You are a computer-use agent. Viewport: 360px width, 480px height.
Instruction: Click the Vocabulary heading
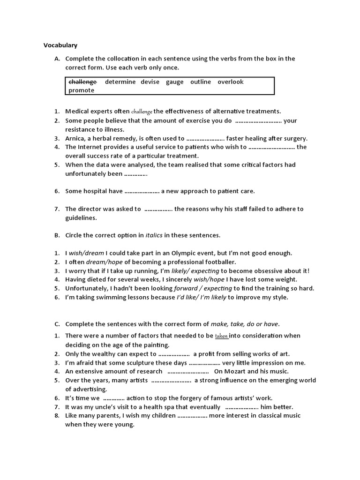coord(60,45)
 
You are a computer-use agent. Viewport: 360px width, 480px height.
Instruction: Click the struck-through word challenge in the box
coord(82,82)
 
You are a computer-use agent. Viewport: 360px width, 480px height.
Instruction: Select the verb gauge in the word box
coord(174,82)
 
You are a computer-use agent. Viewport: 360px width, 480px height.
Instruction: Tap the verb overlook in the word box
coord(231,82)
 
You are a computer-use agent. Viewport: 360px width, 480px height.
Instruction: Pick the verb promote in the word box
coord(82,90)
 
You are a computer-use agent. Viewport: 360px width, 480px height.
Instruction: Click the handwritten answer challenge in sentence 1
coord(142,112)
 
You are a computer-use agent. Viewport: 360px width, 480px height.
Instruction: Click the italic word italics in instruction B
coord(154,235)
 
